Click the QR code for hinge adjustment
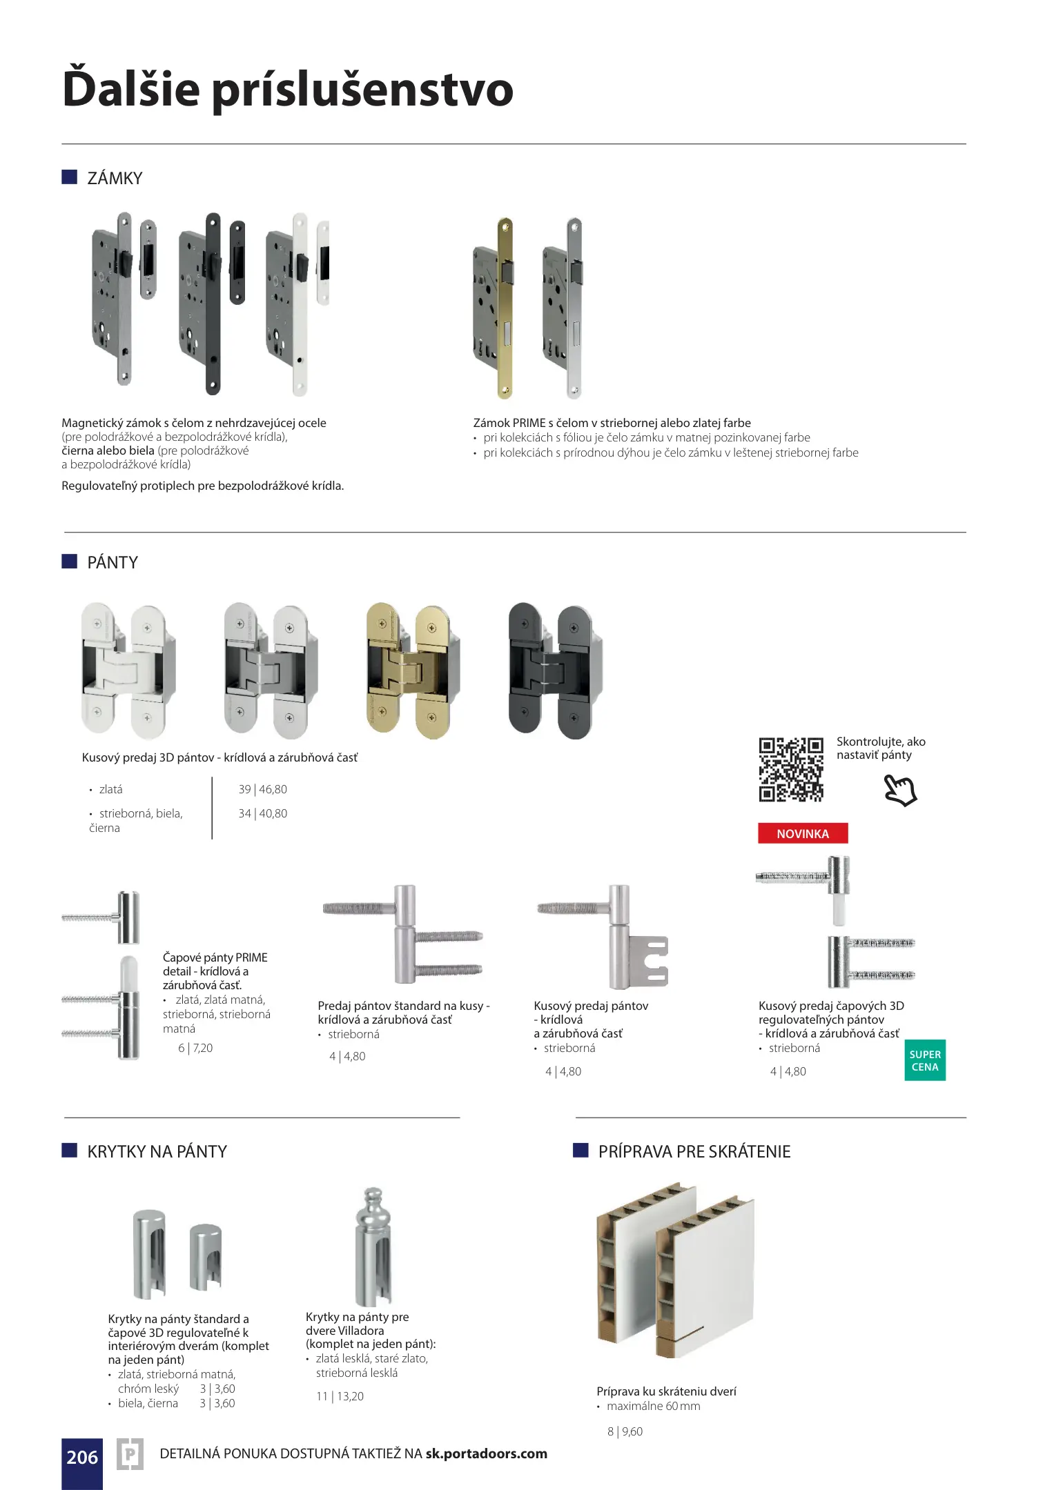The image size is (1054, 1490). coord(791,770)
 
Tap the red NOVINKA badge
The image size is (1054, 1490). coord(803,833)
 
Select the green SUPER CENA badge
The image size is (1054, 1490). coord(925,1060)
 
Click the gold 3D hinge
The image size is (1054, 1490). coord(413,670)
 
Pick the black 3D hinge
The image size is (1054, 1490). coord(554,670)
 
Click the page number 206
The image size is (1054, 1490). coord(82,1457)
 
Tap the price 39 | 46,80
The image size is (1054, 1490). coord(262,789)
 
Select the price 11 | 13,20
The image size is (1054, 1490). coord(340,1396)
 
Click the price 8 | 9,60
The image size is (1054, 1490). coord(625,1431)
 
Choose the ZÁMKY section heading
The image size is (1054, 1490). coord(115,178)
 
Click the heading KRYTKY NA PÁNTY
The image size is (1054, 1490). coord(157,1151)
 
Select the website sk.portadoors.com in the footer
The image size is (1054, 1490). coord(486,1453)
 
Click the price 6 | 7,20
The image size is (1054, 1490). coord(195,1048)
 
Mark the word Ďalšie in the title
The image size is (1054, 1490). coord(130,90)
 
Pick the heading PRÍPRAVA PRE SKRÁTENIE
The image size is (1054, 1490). coord(694,1151)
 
